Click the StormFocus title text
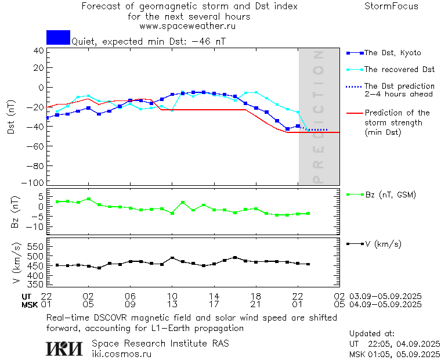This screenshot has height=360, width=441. pyautogui.click(x=391, y=6)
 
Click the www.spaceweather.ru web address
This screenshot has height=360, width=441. pyautogui.click(x=187, y=26)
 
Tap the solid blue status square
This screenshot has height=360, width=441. pyautogui.click(x=58, y=37)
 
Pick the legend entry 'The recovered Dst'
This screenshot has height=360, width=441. pyautogui.click(x=399, y=70)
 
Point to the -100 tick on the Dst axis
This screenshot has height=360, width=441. pyautogui.click(x=35, y=183)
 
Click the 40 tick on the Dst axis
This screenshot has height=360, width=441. pyautogui.click(x=39, y=51)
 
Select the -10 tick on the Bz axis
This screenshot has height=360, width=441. pyautogui.click(x=35, y=226)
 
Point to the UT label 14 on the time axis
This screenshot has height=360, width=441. pyautogui.click(x=214, y=296)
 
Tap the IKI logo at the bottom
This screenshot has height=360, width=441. pyautogui.click(x=64, y=348)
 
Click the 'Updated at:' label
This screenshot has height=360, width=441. pyautogui.click(x=372, y=334)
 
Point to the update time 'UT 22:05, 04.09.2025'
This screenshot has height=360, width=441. pyautogui.click(x=395, y=344)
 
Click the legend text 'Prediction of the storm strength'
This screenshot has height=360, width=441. pyautogui.click(x=397, y=118)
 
